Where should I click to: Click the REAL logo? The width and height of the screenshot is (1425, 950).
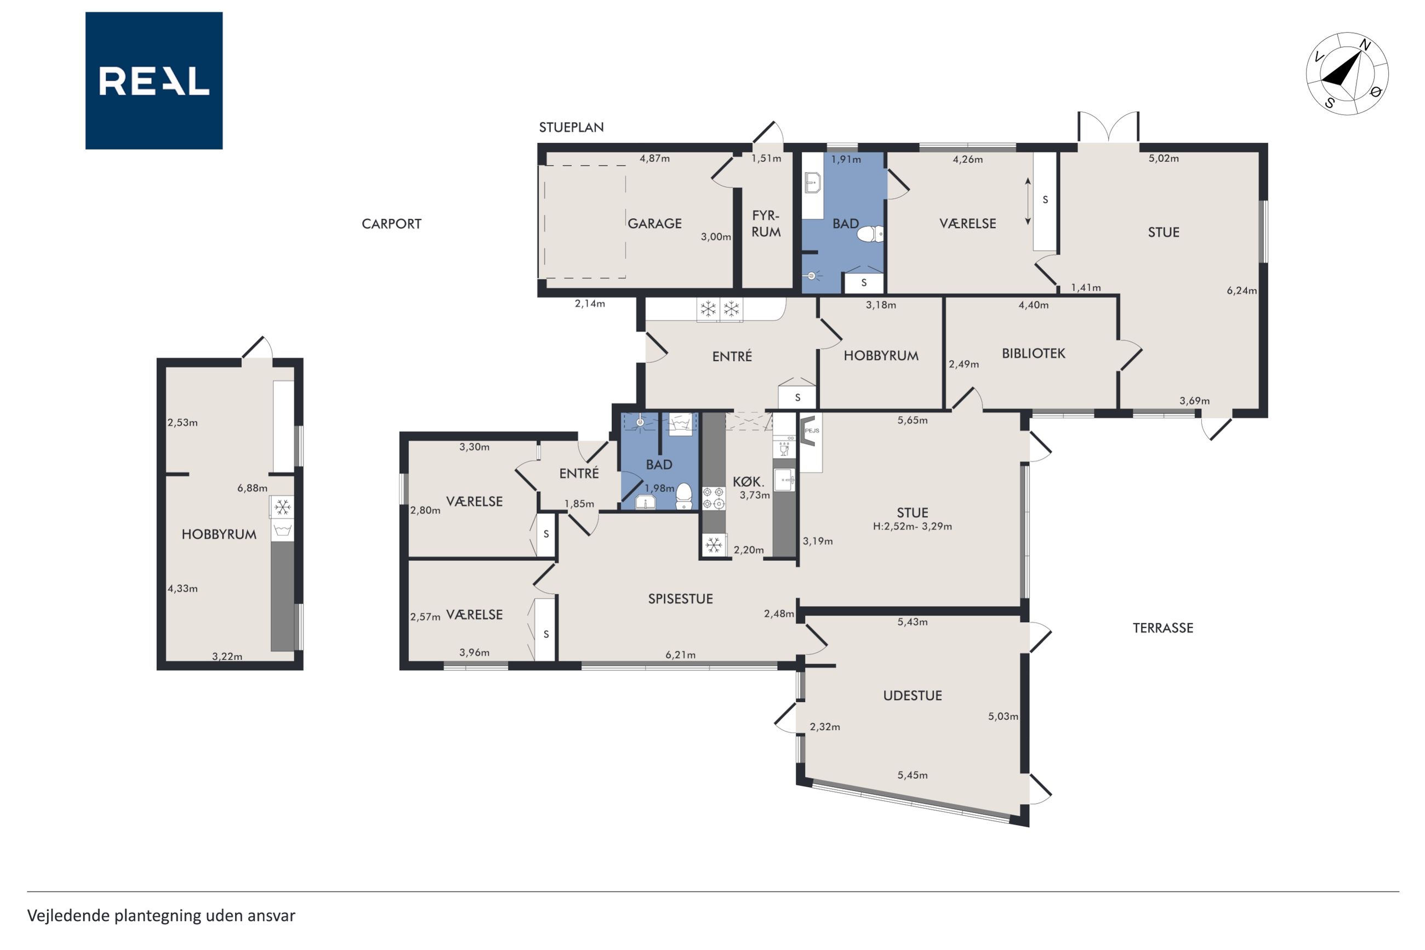154,81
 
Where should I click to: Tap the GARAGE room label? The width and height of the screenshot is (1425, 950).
654,224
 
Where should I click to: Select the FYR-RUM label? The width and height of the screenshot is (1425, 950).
766,224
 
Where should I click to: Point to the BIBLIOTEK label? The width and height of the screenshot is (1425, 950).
1033,353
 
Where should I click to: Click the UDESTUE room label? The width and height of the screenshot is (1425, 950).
912,696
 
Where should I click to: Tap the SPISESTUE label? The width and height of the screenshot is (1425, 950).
680,599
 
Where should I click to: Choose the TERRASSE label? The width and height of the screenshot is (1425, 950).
1163,628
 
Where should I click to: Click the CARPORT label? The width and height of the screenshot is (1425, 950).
391,224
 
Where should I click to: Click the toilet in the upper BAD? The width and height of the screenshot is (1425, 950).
870,234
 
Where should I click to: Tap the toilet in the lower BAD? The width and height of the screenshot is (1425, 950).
684,496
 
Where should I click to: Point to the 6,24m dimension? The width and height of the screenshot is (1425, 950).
1241,290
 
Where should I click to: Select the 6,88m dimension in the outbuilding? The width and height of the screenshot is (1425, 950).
252,488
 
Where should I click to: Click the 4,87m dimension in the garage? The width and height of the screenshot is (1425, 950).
654,159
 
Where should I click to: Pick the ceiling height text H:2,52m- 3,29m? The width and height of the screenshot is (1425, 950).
912,526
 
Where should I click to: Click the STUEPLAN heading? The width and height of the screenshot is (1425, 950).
571,127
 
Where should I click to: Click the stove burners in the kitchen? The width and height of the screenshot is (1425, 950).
714,498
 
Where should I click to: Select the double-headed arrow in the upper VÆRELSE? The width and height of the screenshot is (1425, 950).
1028,202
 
